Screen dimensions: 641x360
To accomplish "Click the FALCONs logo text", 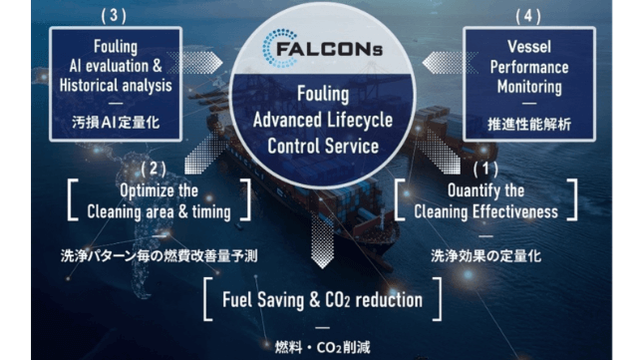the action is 329,50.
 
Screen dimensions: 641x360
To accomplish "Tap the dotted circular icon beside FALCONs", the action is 278,48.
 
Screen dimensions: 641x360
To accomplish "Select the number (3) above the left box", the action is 114,16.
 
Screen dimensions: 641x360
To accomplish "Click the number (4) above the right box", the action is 528,16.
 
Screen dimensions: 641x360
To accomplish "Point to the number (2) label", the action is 154,169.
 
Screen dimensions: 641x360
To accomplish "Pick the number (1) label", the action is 485,169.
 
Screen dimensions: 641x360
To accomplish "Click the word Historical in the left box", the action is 89,86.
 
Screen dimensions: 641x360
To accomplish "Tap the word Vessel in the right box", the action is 529,47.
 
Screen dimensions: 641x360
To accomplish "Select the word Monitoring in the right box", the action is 529,87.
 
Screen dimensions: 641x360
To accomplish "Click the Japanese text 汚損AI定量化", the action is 116,123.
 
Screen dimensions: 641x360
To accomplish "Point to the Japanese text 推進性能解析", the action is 529,124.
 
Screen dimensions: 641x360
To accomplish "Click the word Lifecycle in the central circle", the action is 360,121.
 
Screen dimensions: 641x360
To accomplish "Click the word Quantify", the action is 471,190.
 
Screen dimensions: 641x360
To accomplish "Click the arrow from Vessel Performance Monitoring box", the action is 450,63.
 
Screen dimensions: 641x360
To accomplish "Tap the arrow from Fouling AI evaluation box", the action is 194,63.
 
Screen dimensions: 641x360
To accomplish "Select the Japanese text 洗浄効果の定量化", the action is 485,256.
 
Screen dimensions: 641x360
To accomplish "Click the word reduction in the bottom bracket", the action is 389,300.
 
